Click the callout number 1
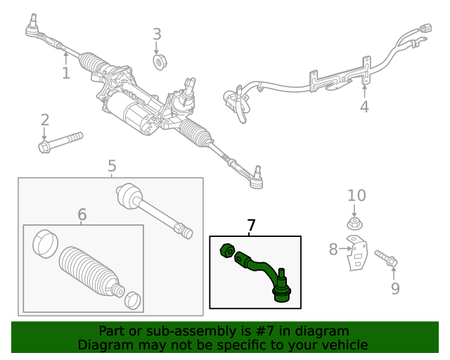click(x=65, y=72)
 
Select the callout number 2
click(x=44, y=120)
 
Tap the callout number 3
click(x=157, y=34)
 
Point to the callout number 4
click(x=364, y=107)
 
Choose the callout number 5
click(x=112, y=166)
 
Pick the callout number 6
click(x=82, y=214)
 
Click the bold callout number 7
click(x=251, y=225)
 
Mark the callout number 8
click(x=333, y=248)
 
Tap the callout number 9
click(x=394, y=288)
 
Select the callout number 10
click(x=356, y=195)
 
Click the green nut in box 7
click(x=227, y=250)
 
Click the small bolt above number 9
click(x=386, y=258)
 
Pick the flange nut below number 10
click(x=354, y=225)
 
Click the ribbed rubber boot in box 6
click(x=88, y=273)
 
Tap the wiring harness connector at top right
click(x=423, y=31)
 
